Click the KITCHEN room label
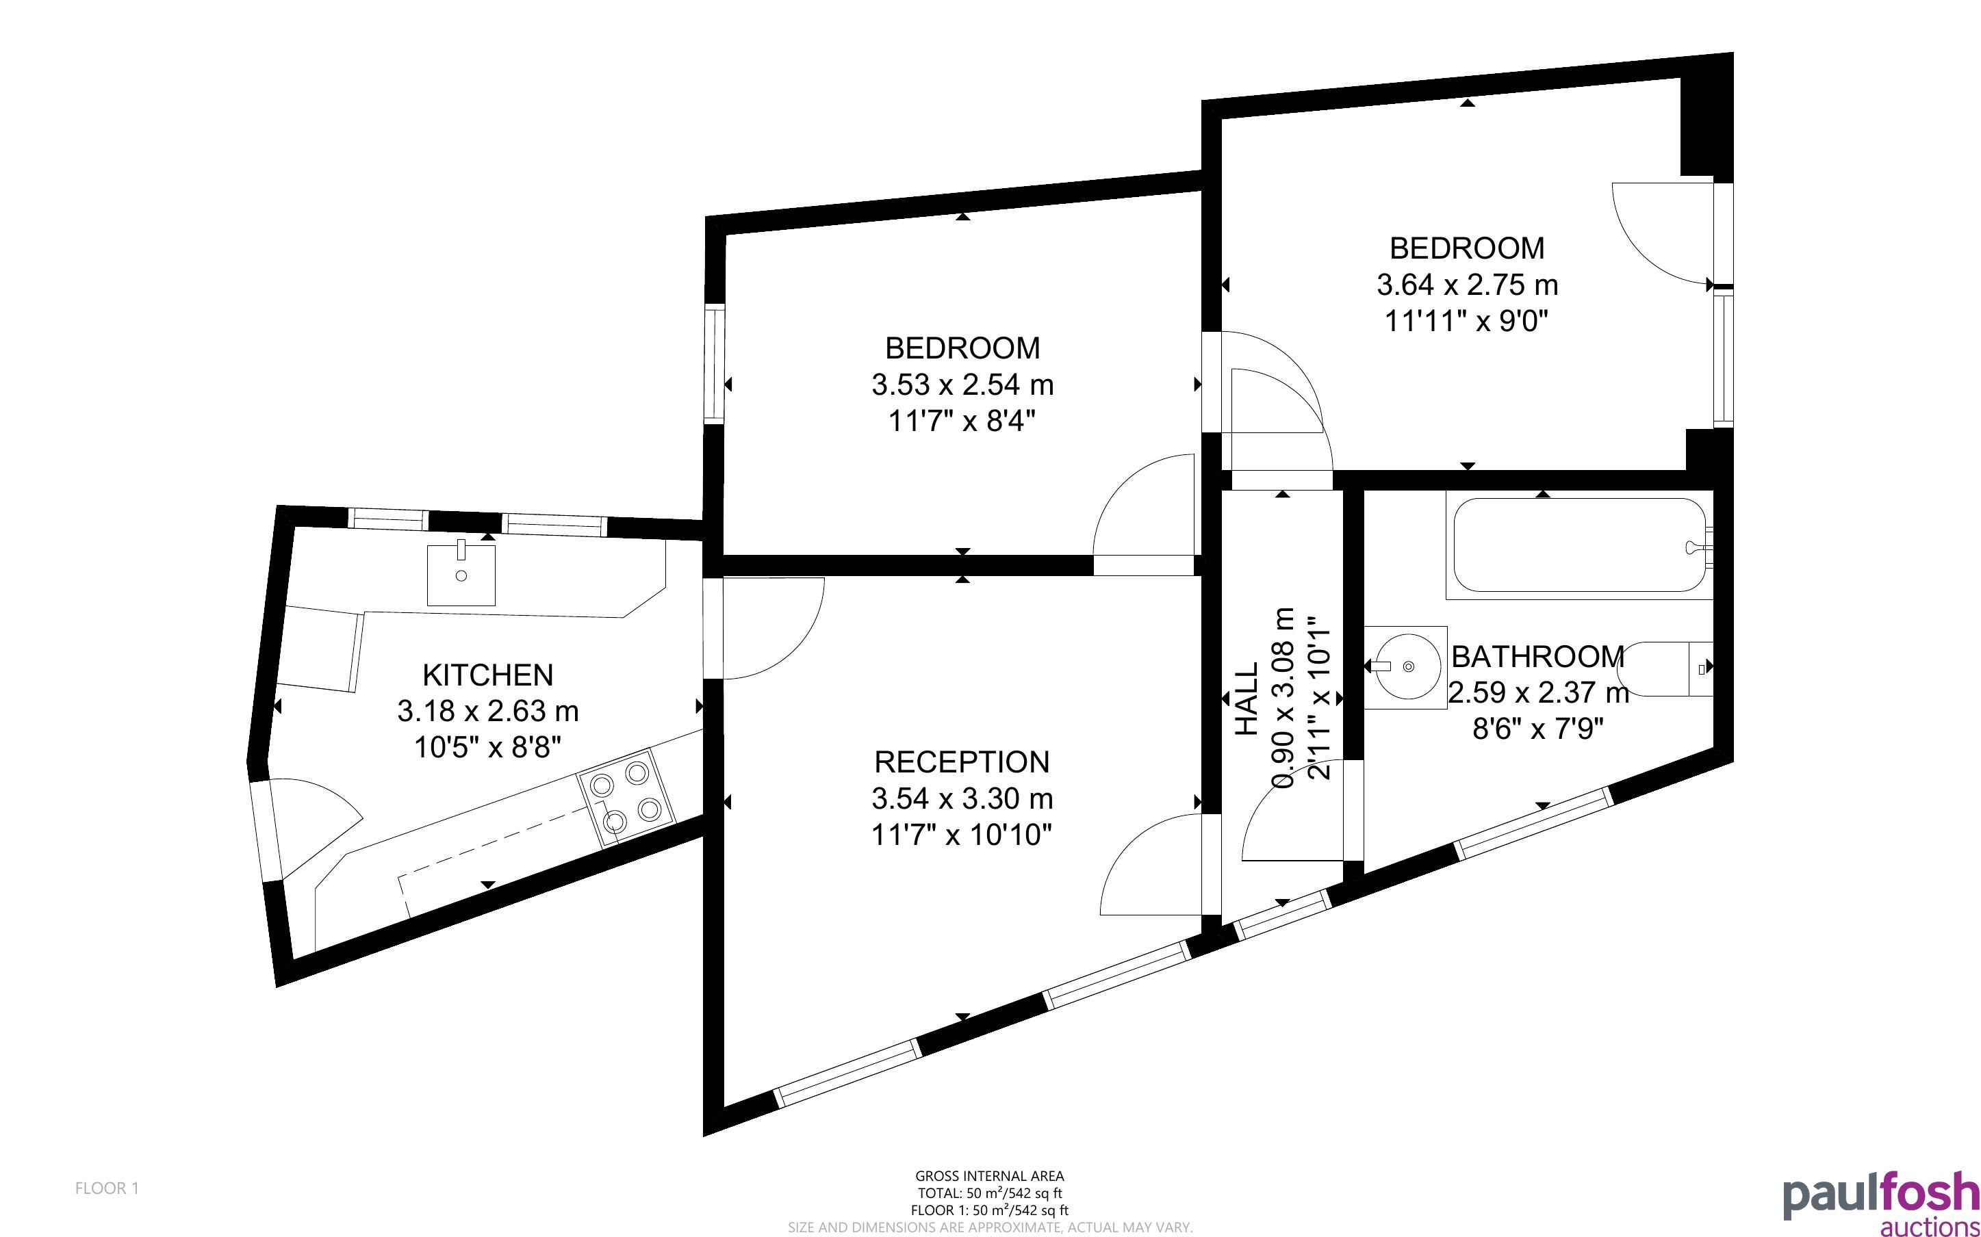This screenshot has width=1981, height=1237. tap(487, 675)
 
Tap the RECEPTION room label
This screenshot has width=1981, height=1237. tap(962, 761)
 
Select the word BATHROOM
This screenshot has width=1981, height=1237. tap(1537, 656)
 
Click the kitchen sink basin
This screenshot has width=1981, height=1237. tap(461, 575)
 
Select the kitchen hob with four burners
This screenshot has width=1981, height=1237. tap(627, 798)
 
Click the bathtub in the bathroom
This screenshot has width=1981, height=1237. tap(1579, 545)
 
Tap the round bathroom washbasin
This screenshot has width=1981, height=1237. tap(1403, 667)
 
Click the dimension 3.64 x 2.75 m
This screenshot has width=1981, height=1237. tap(1467, 285)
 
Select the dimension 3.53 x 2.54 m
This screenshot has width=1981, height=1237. tap(962, 385)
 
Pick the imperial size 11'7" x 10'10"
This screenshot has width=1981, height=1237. tap(962, 835)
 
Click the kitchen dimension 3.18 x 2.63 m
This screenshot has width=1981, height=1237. tap(487, 711)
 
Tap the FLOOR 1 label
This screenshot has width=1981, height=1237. tap(107, 1188)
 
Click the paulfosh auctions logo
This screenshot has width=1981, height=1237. tap(1881, 1203)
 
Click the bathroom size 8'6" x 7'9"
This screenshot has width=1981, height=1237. tap(1537, 728)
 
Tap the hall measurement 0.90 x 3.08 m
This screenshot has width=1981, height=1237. tap(1283, 698)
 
